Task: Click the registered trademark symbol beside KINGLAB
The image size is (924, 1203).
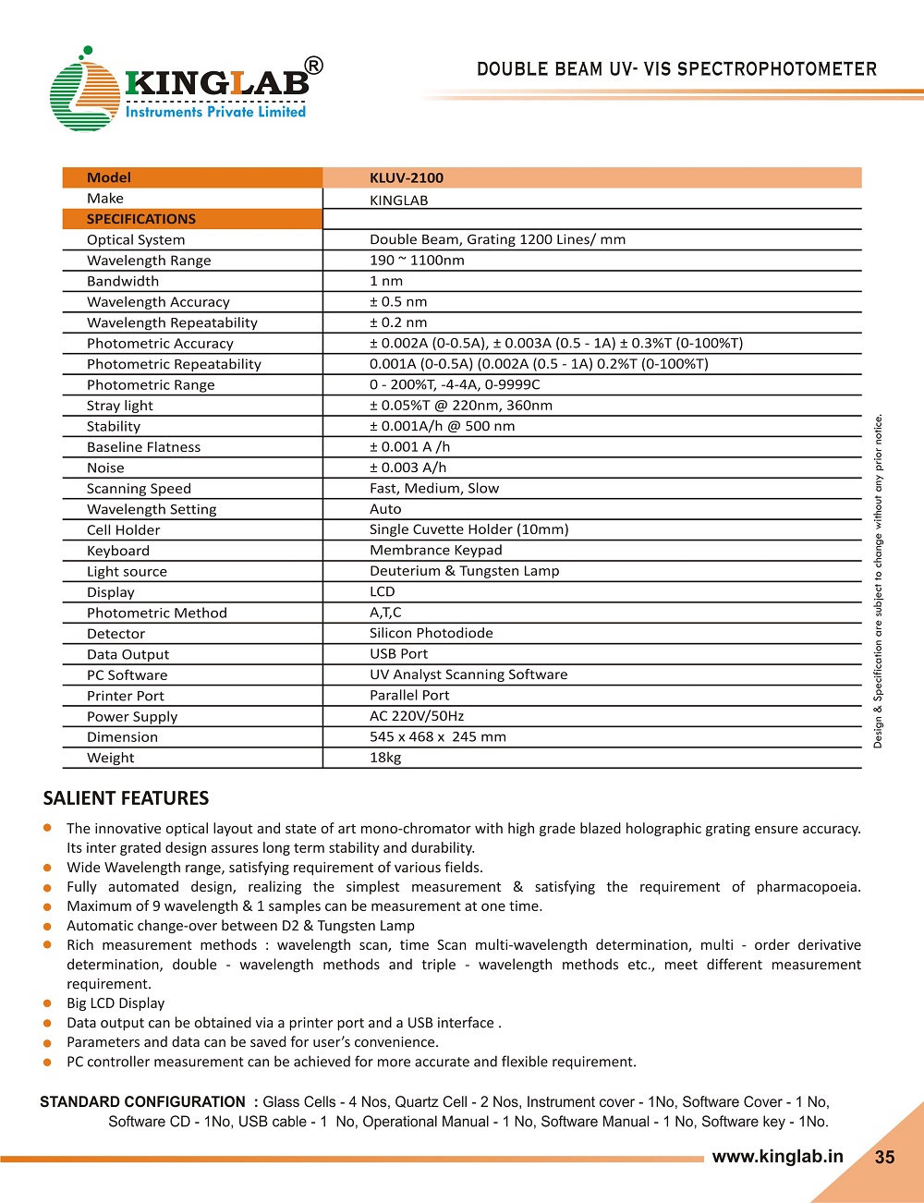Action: click(x=314, y=66)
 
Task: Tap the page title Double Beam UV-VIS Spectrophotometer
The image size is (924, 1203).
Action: click(x=676, y=69)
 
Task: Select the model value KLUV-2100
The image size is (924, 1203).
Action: click(x=407, y=178)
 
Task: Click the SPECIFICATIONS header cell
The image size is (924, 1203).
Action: click(x=141, y=219)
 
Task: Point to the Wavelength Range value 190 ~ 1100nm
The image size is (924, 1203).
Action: click(x=417, y=261)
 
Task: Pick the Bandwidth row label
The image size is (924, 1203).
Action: click(x=123, y=282)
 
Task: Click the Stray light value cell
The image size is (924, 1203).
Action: click(x=461, y=406)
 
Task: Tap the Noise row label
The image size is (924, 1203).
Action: click(x=105, y=468)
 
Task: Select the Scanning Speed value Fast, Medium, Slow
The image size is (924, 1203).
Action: click(x=434, y=489)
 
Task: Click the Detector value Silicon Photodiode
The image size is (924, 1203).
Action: click(x=432, y=634)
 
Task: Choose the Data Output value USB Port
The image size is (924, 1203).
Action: click(x=399, y=654)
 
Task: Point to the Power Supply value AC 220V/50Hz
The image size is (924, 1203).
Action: click(x=417, y=716)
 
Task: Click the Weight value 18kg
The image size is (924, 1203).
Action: click(x=385, y=758)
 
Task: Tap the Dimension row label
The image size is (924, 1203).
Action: click(x=122, y=737)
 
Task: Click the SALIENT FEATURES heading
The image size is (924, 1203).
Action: click(x=127, y=798)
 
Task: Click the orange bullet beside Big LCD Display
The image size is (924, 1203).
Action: click(x=47, y=1003)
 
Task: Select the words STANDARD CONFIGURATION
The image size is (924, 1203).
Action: click(x=142, y=1102)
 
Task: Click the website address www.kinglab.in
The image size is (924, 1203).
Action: click(x=777, y=1157)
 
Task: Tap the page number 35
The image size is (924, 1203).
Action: click(x=884, y=1158)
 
